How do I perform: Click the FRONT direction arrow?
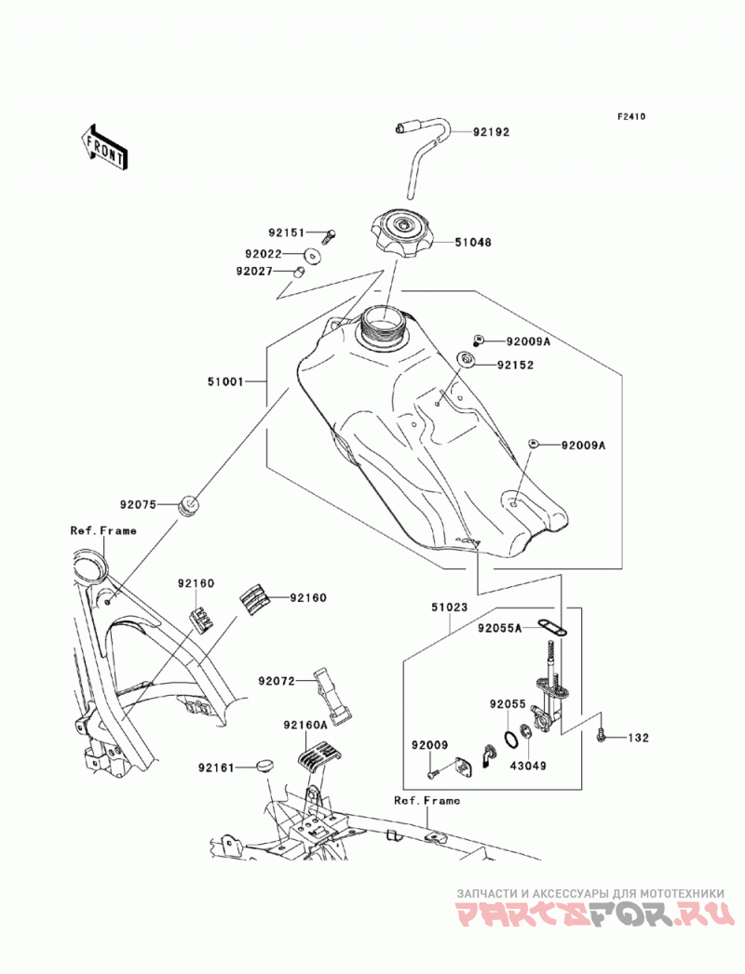coord(104,147)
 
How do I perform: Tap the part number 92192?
coord(492,132)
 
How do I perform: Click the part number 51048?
coord(473,242)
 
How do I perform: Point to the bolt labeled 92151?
coord(329,235)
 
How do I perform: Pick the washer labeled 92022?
coord(312,255)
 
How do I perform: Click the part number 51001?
coord(225,382)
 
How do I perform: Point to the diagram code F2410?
coord(631,116)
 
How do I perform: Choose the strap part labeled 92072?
coord(329,696)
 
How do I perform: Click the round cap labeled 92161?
coord(264,765)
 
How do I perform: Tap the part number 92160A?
coord(305,725)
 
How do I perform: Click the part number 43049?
coord(528,766)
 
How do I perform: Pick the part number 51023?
coord(449,607)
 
